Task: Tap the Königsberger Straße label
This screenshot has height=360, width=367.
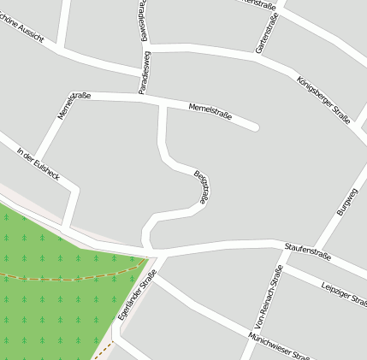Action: coord(323,101)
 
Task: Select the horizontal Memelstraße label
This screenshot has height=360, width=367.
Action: coord(211,108)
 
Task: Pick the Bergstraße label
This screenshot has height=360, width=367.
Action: coord(202,186)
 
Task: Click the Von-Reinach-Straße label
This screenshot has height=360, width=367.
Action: coord(265,296)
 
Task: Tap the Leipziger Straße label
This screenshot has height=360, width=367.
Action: coord(343,293)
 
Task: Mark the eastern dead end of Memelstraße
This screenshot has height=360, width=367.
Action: coord(254,127)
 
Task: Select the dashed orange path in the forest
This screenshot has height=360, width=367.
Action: coord(68,278)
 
